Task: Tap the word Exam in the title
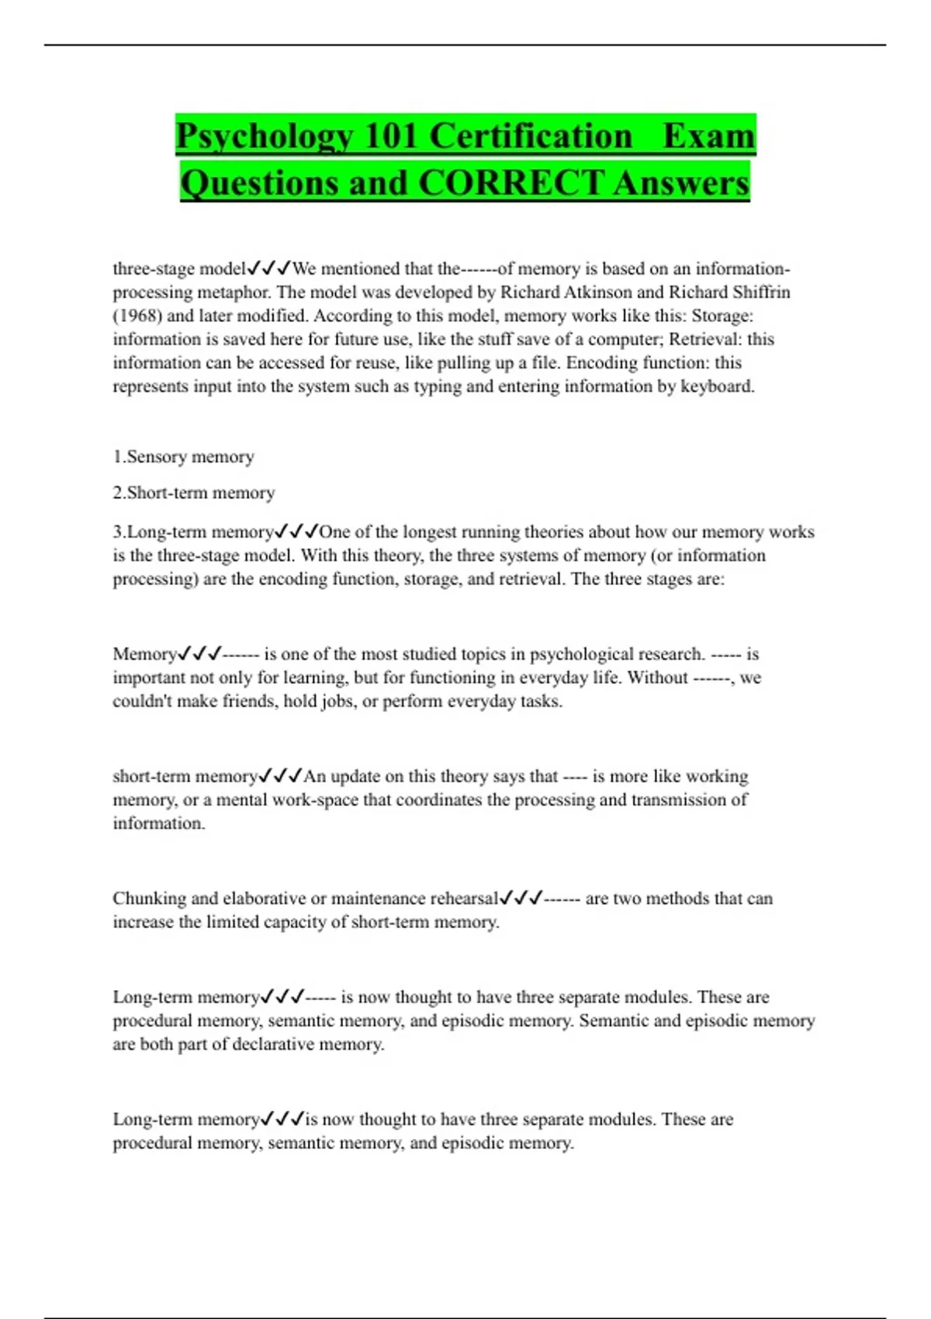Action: click(708, 137)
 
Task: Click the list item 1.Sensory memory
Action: click(184, 457)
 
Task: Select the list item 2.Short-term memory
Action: click(194, 493)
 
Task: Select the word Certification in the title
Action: click(531, 137)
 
